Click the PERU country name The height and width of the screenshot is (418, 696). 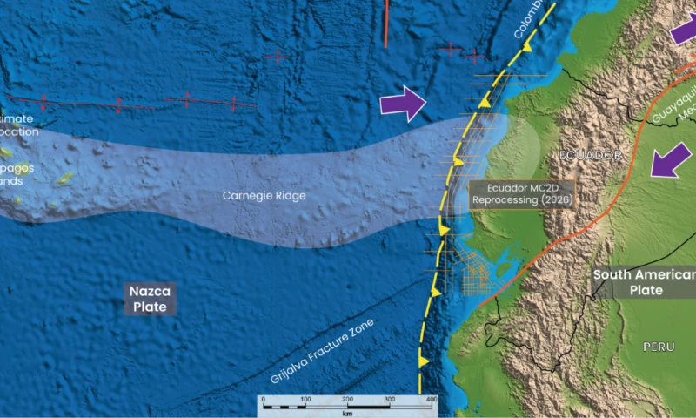(659, 347)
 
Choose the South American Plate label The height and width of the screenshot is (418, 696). (644, 283)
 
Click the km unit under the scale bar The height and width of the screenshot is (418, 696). (346, 409)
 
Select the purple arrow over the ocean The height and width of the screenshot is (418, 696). (404, 104)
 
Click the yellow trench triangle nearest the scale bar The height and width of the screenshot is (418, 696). (424, 360)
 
